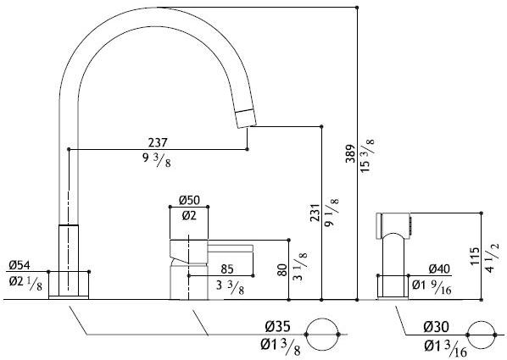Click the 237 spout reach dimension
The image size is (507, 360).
pos(158,142)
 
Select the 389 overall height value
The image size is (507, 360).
pos(350,154)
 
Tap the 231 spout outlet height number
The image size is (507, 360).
pos(315,213)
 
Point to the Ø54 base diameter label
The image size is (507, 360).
pos(19,265)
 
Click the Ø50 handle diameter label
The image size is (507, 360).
pos(189,201)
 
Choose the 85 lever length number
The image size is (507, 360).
pos(227,269)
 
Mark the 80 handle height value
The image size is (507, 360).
pos(282,270)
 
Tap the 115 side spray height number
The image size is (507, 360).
pos(475,257)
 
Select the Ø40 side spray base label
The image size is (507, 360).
pos(439,269)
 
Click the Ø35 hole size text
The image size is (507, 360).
pos(278,327)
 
